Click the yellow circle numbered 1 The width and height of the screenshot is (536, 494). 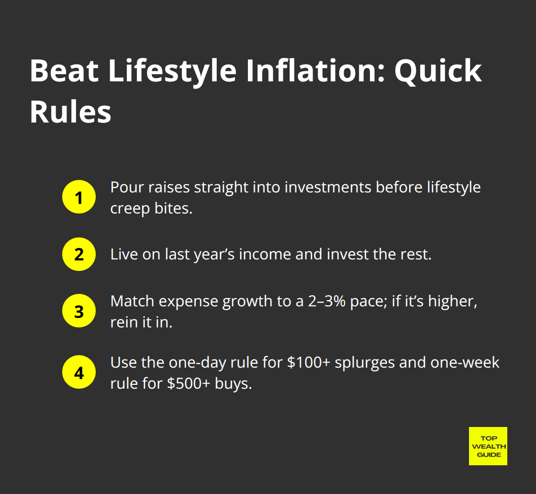point(79,197)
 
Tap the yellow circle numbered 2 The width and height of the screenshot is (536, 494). point(79,254)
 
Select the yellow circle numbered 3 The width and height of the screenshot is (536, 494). point(79,311)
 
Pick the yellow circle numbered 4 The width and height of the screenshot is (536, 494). point(79,373)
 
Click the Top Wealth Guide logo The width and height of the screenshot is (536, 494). point(488,446)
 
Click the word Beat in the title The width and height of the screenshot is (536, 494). point(64,70)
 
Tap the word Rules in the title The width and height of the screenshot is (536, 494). point(70,112)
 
